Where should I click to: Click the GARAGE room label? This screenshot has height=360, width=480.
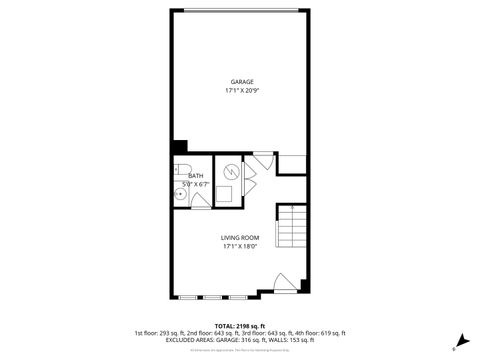pyautogui.click(x=241, y=81)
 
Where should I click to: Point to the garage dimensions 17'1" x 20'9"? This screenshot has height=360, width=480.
pyautogui.click(x=241, y=91)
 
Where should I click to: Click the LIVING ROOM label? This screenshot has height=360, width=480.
pyautogui.click(x=240, y=237)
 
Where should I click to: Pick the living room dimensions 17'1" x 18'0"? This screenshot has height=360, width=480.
pyautogui.click(x=240, y=246)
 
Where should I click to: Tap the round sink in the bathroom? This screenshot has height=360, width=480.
pyautogui.click(x=178, y=196)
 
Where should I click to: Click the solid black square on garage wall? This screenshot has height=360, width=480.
pyautogui.click(x=178, y=145)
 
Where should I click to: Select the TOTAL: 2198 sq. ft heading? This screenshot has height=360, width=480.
pyautogui.click(x=240, y=326)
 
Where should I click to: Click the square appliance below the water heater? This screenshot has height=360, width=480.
pyautogui.click(x=227, y=194)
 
